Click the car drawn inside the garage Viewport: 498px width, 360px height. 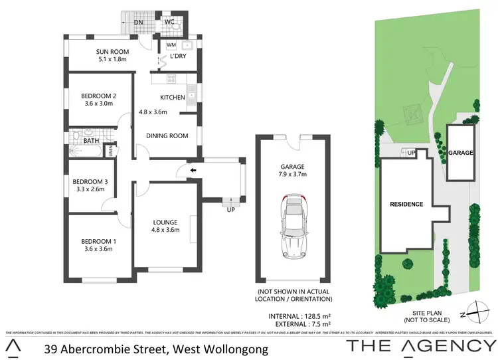(293, 226)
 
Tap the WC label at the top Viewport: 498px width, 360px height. (169, 22)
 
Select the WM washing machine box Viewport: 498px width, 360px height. (171, 45)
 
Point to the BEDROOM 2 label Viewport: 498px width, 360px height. (94, 96)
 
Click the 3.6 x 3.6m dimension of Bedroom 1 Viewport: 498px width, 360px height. (94, 249)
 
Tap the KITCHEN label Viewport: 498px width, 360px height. (172, 98)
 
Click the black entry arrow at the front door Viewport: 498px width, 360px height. (193, 171)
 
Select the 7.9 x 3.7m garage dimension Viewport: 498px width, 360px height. (293, 174)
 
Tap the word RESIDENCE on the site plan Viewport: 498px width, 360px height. (406, 204)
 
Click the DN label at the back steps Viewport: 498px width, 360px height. (138, 22)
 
